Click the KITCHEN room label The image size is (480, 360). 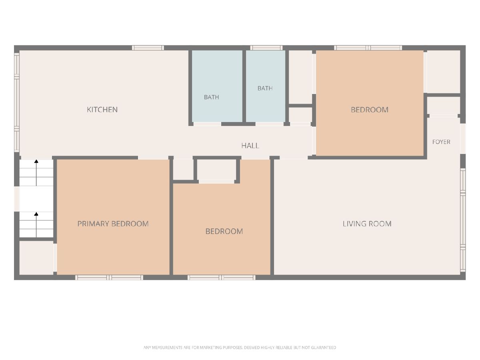click(102, 110)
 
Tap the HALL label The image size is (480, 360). click(250, 146)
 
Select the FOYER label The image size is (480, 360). click(441, 142)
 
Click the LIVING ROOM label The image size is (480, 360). click(367, 224)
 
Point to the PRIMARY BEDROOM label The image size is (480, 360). click(113, 224)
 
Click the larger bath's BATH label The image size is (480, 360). click(212, 97)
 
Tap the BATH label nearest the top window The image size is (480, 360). click(265, 88)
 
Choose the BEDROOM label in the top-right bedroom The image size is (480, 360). click(370, 110)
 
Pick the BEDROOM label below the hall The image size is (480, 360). click(224, 231)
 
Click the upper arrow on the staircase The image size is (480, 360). click(36, 173)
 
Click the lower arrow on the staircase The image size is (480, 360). click(36, 225)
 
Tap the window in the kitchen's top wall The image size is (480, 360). click(148, 48)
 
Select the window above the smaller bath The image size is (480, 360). click(266, 48)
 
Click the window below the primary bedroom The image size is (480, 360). click(109, 278)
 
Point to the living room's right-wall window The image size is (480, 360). click(463, 220)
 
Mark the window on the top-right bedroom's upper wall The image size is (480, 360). click(368, 48)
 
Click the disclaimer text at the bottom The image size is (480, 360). click(240, 348)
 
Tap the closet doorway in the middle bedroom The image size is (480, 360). click(216, 182)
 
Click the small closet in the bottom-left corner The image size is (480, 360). click(36, 258)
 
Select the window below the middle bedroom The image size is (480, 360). click(221, 278)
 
